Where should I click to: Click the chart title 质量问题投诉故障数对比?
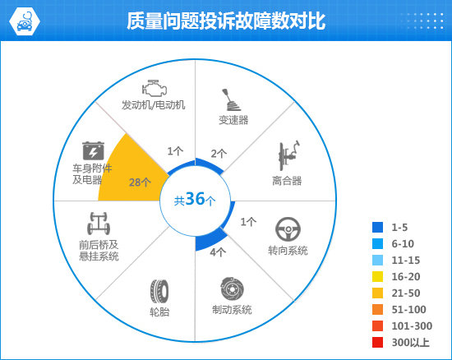(x=226, y=21)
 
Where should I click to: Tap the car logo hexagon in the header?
(x=25, y=21)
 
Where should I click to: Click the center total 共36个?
(x=195, y=199)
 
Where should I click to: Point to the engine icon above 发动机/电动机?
(x=155, y=88)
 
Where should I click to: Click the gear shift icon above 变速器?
(x=231, y=99)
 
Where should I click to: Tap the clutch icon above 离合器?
(x=288, y=156)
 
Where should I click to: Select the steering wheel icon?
(x=288, y=229)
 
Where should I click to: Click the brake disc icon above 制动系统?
(x=232, y=288)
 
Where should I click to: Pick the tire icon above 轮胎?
(x=159, y=291)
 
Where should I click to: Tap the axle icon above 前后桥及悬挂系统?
(x=99, y=224)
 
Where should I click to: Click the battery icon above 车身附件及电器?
(x=93, y=150)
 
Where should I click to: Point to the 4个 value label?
(x=218, y=252)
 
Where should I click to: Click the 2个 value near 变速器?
(x=219, y=154)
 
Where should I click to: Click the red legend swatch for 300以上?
(x=378, y=343)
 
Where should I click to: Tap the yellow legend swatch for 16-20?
(x=378, y=277)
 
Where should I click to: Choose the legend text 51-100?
(x=408, y=310)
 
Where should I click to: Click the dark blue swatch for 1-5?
(x=378, y=227)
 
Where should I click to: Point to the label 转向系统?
(x=288, y=251)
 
